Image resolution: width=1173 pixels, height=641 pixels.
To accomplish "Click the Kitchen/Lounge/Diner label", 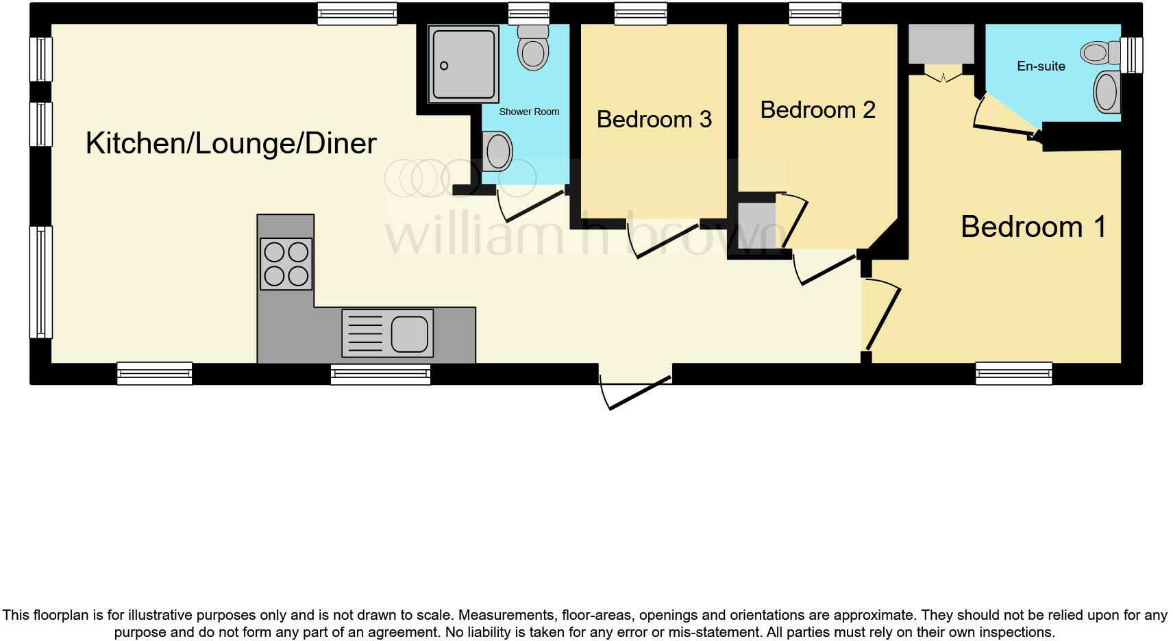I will pos(231,144).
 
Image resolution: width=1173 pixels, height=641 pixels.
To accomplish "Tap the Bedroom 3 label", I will pos(654,119).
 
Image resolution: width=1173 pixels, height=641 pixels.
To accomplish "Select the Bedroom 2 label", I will pos(817,110).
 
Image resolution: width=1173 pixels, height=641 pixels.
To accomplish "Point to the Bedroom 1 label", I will pos(1033,227).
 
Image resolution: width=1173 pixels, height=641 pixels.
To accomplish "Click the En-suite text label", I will pos(1041,66).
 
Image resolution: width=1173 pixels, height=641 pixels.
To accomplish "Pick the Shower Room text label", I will pos(529,112).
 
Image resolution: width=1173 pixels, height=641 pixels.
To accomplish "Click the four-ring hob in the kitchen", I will pos(286,264).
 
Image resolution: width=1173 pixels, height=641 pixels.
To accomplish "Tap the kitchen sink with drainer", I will pos(388,333).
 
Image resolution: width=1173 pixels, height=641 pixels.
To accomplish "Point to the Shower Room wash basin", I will pos(498,151).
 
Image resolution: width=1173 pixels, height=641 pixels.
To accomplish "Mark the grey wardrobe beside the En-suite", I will pos(941,43).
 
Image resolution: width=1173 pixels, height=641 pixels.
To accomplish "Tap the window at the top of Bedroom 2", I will pos(815,14).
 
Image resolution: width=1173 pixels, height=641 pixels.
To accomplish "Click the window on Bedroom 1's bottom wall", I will pos(1014,373).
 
